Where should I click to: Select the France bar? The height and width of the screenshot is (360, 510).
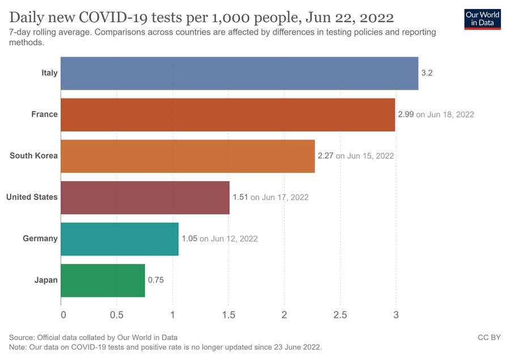tap(227, 115)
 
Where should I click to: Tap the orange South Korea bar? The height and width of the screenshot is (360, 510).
tap(187, 156)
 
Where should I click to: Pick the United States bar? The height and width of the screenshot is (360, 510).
tap(144, 197)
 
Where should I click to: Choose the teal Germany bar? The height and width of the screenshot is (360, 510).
tap(119, 239)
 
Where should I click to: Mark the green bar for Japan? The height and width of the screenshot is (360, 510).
tap(103, 280)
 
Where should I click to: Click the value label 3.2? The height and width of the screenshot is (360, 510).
tap(427, 73)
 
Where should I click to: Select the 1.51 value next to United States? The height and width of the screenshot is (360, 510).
tap(240, 197)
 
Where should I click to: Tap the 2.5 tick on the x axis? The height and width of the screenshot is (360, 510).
tap(340, 315)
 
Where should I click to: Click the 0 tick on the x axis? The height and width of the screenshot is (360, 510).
tap(62, 315)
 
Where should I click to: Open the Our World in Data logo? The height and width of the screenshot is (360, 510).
tap(482, 18)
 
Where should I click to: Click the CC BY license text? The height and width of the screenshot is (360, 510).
tap(490, 337)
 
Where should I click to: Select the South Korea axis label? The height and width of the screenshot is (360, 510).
tap(33, 156)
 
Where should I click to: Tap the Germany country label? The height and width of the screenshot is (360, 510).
tap(40, 239)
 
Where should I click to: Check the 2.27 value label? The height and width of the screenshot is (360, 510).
tap(325, 156)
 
